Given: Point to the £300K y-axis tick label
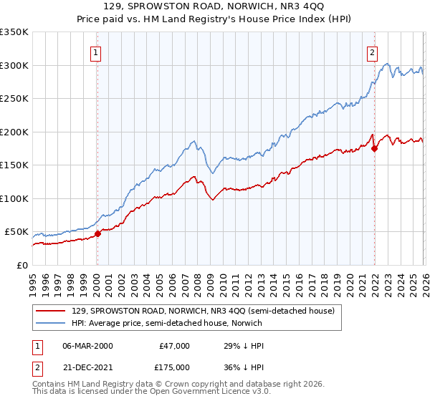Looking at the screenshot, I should [x=14, y=65].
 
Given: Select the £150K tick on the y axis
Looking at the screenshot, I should [x=14, y=165].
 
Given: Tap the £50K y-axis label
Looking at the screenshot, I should [x=17, y=232].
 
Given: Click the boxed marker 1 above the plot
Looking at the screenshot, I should [x=96, y=52].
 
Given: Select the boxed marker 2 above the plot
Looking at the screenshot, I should [x=373, y=52].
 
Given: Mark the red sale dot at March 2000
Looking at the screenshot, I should [x=98, y=233].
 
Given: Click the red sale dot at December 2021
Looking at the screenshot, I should [x=374, y=148].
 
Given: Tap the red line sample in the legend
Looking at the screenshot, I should [x=51, y=311].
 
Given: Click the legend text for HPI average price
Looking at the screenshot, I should [x=167, y=323].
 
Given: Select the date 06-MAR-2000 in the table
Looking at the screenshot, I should [x=87, y=345].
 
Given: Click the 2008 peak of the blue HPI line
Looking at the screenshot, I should [x=193, y=141].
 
